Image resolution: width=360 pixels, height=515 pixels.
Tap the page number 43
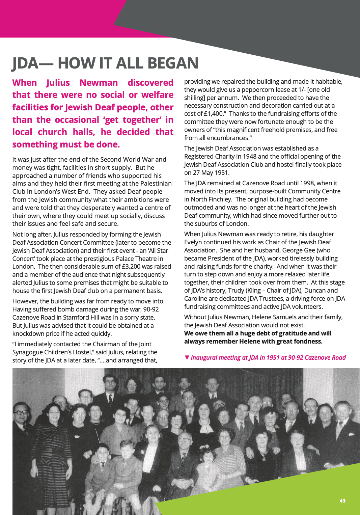pos(342,500)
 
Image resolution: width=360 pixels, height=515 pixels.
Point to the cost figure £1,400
pos(213,114)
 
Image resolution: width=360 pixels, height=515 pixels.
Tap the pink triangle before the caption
pos(187,357)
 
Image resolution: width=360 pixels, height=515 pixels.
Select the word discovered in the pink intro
pos(150,83)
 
